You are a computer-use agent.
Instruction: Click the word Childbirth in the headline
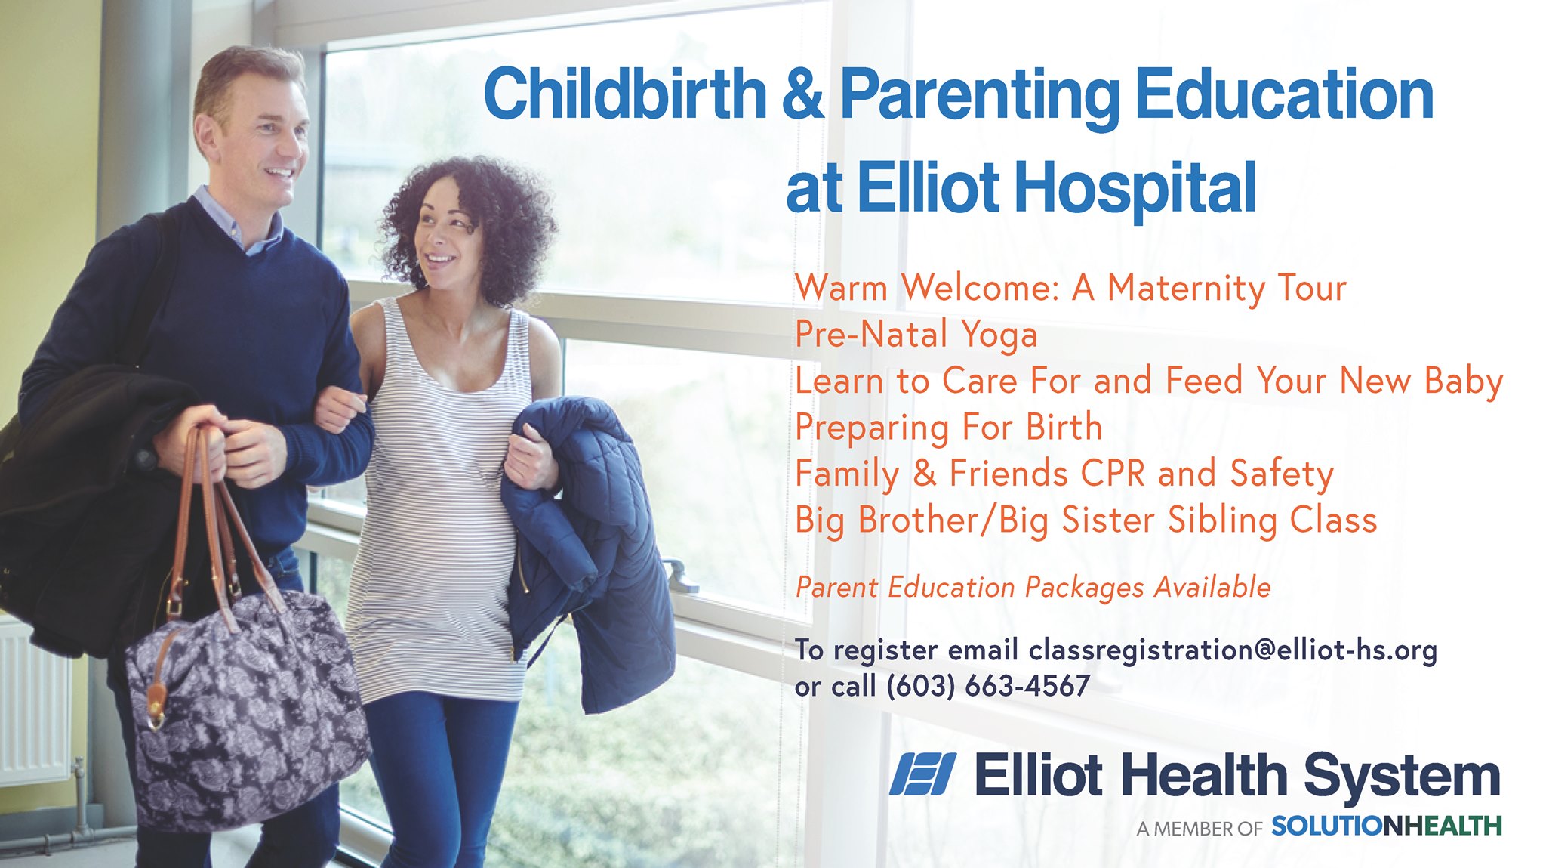tap(625, 94)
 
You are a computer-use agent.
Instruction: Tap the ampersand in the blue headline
tap(803, 94)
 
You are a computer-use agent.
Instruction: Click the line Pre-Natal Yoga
tap(916, 335)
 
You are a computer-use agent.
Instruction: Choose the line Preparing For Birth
tap(949, 428)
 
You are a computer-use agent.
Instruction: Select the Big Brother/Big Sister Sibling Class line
tap(1086, 520)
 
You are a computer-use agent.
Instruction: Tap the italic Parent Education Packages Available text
tap(1033, 587)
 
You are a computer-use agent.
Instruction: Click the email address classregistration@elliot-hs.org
tap(1233, 650)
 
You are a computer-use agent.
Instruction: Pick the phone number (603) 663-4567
tap(988, 686)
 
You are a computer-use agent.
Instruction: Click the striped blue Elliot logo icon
tap(922, 774)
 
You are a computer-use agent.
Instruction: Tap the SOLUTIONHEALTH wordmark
tap(1387, 826)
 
